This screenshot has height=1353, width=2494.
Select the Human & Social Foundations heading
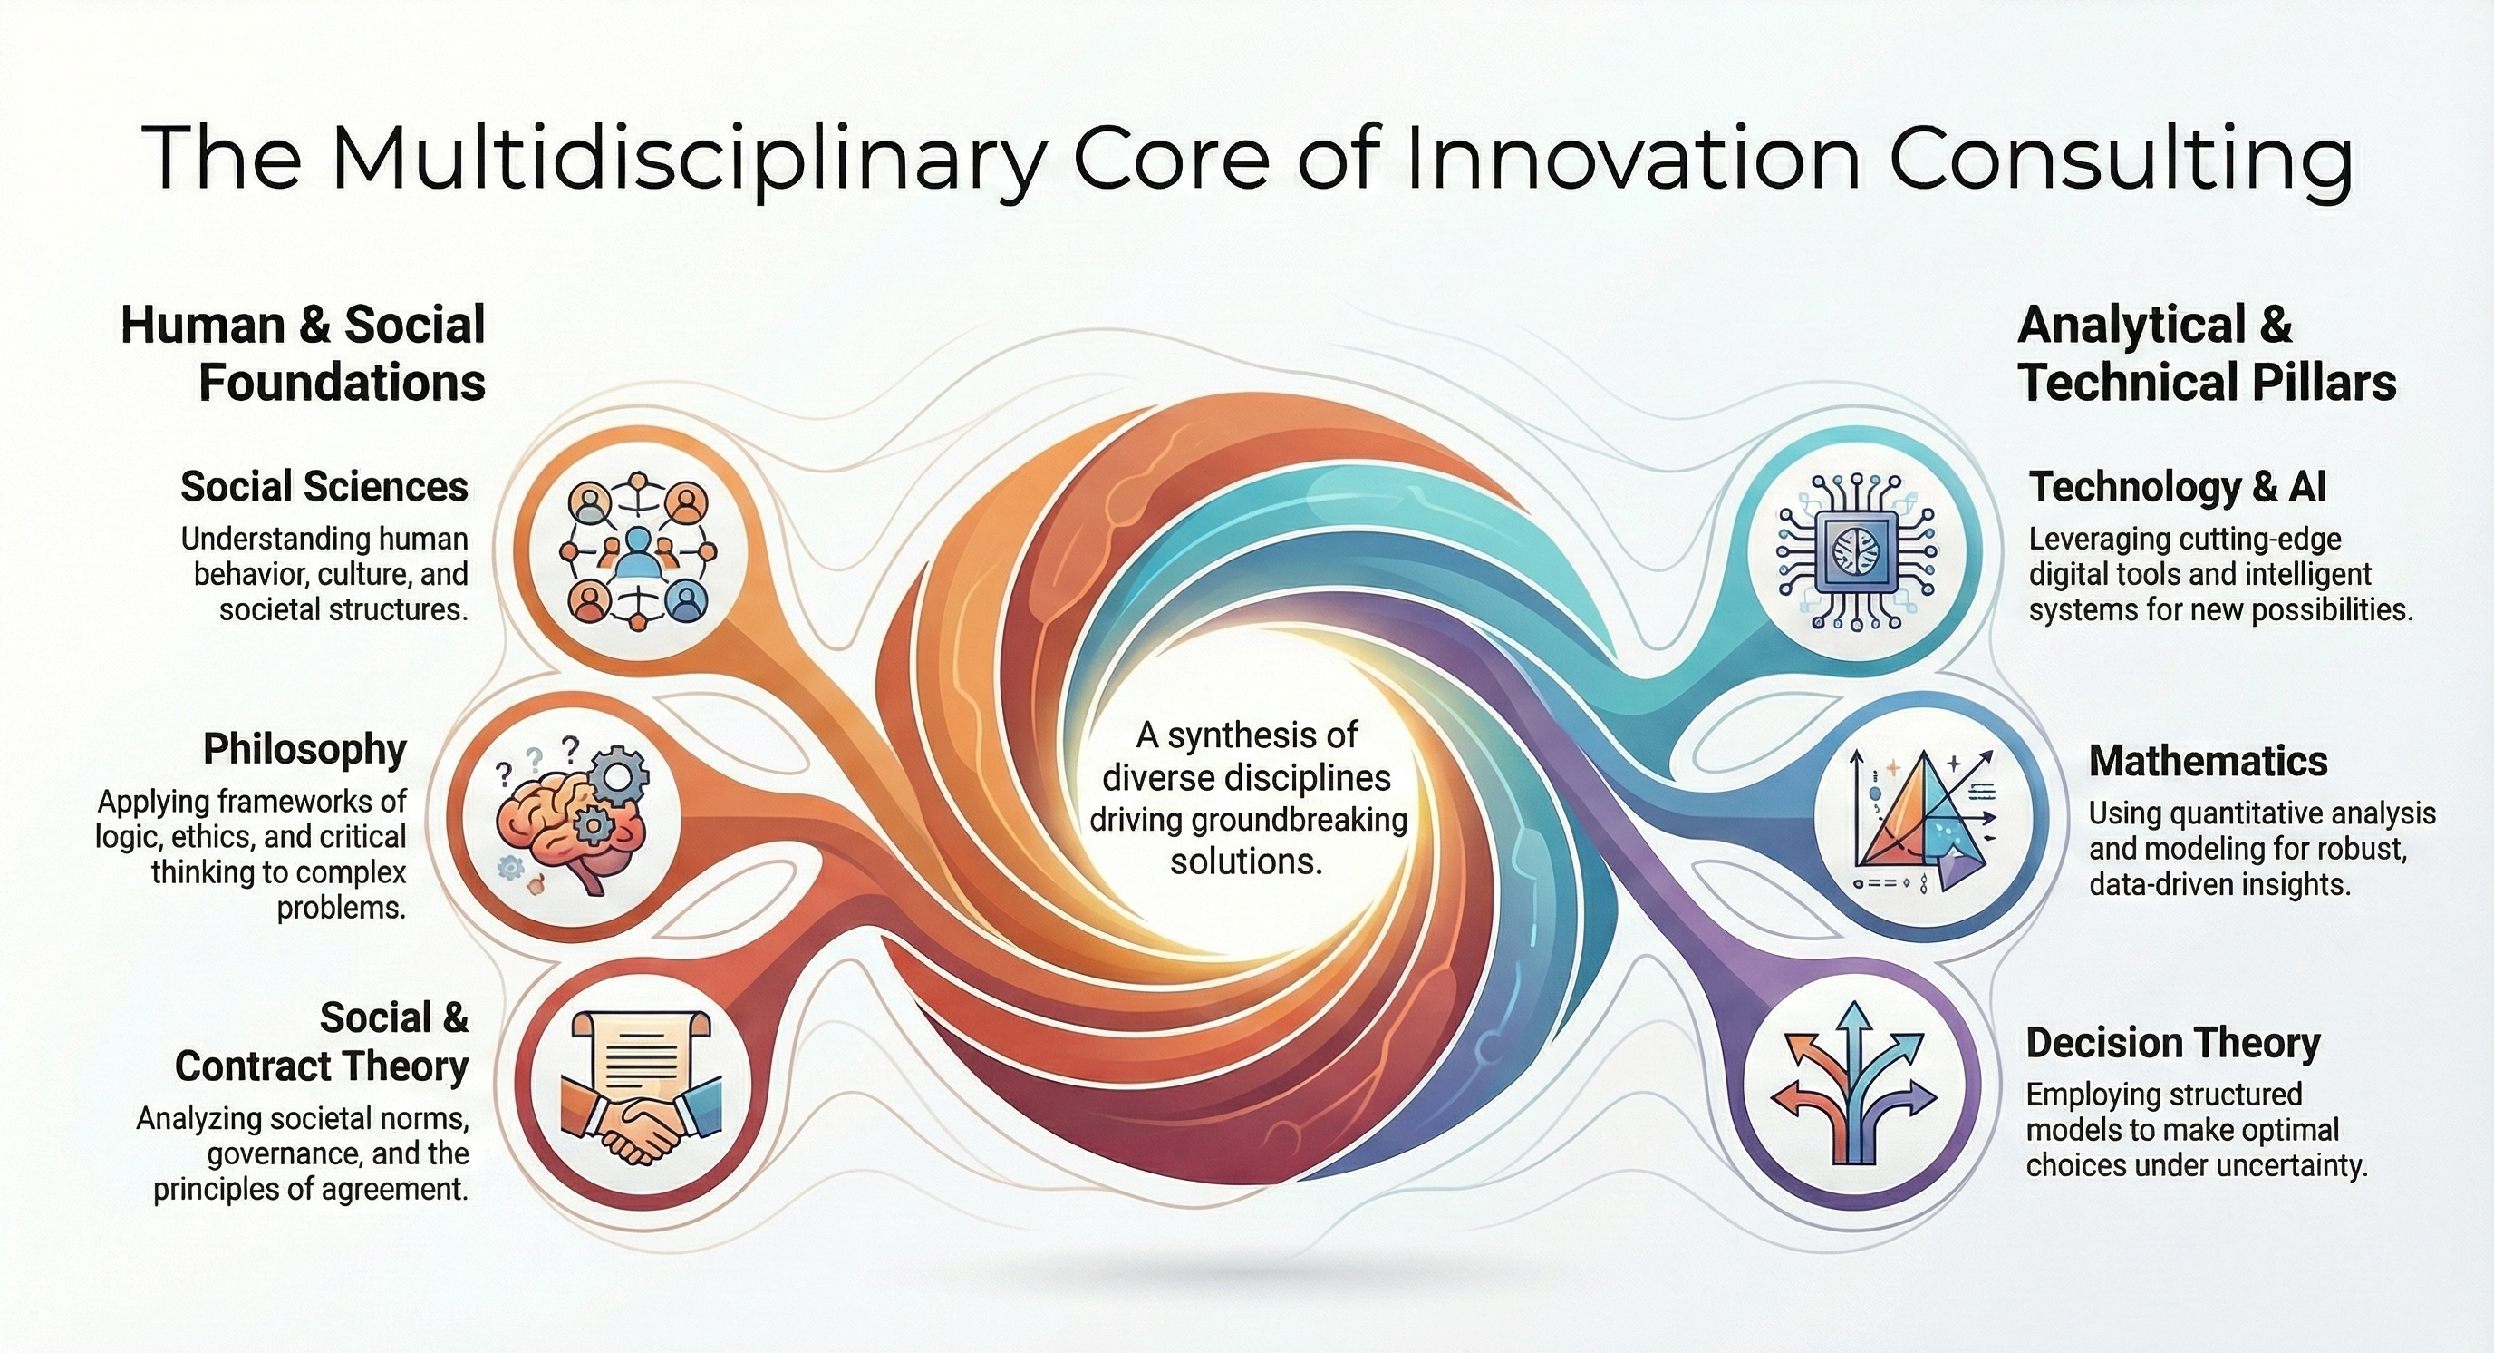(303, 354)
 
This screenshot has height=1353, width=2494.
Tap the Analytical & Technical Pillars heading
(2208, 354)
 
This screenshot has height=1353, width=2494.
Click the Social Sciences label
(324, 487)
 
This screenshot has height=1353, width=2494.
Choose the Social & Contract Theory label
(322, 1042)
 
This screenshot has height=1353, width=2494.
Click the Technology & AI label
(2178, 487)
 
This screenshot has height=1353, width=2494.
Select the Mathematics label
(2209, 761)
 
